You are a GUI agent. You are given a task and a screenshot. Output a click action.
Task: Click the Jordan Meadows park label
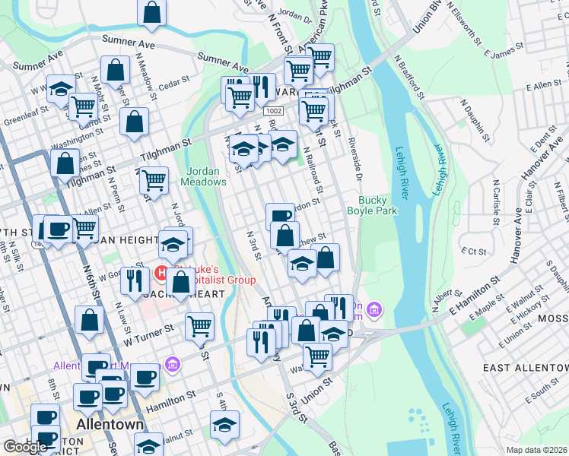click(x=203, y=176)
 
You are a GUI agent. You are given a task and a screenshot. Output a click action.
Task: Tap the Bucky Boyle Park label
click(x=373, y=206)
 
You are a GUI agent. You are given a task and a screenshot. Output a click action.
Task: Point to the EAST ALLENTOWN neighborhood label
click(x=525, y=367)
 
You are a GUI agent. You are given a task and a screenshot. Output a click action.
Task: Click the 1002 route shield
click(x=274, y=111)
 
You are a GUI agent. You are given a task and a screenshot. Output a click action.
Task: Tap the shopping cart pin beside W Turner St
click(x=199, y=325)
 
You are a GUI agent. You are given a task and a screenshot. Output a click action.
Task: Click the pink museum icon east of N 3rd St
click(x=374, y=309)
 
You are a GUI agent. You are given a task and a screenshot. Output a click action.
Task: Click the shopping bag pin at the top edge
click(x=152, y=11)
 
